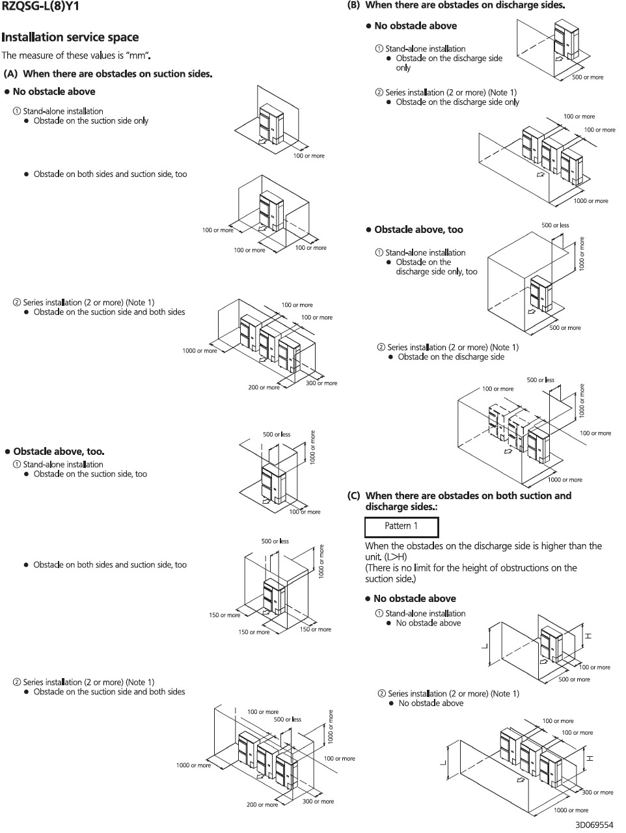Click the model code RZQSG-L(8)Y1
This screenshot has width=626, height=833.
[40, 7]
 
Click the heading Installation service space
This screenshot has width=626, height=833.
[70, 37]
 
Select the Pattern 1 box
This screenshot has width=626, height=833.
[401, 526]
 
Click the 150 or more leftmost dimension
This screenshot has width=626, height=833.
[225, 615]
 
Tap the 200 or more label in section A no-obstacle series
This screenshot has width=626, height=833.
[264, 387]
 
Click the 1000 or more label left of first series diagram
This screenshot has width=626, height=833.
[200, 351]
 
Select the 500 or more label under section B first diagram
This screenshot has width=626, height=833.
[587, 77]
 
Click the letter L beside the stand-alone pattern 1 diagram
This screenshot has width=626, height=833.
[484, 646]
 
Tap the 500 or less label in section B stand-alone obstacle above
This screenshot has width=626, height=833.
[555, 225]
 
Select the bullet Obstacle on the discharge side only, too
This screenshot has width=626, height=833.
[436, 267]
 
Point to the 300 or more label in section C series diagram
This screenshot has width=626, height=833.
[597, 792]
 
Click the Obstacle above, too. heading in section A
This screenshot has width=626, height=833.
[59, 451]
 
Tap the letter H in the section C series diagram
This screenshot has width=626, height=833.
[590, 759]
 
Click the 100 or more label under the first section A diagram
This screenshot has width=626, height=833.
[308, 156]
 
